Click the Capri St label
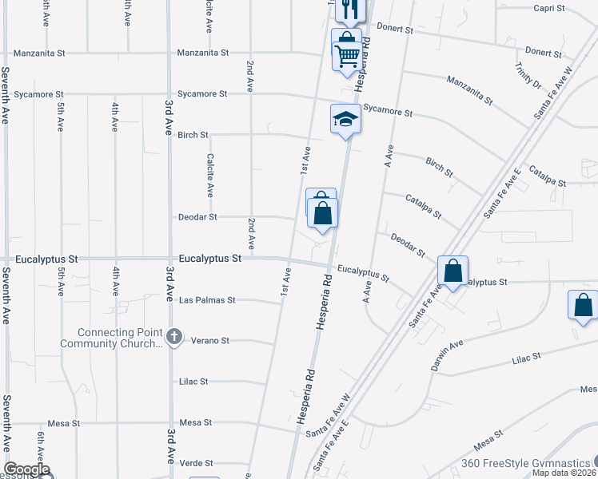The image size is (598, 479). (549, 9)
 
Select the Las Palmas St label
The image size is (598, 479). (207, 300)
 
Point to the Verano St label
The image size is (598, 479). (210, 341)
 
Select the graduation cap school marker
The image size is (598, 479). (345, 120)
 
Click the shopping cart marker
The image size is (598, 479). (348, 56)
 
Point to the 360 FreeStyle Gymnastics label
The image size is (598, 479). (524, 463)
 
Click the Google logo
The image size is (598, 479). (26, 470)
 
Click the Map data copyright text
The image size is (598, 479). (564, 473)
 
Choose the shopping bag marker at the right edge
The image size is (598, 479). (583, 305)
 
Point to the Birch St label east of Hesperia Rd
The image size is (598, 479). (439, 167)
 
